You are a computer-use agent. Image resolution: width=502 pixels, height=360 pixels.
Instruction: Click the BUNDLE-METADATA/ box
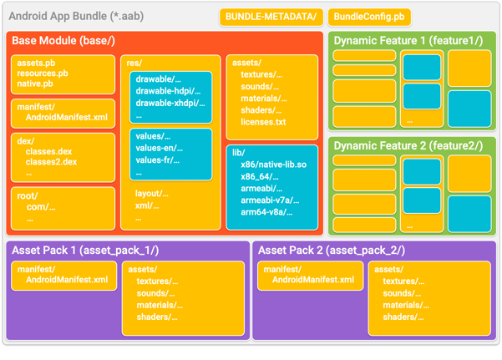pyautogui.click(x=271, y=17)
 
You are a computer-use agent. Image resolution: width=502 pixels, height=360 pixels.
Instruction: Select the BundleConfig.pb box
pyautogui.click(x=370, y=17)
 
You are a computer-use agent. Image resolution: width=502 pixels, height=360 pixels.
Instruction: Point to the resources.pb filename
pyautogui.click(x=43, y=73)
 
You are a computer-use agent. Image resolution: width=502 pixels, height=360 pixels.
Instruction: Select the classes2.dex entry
pyautogui.click(x=52, y=162)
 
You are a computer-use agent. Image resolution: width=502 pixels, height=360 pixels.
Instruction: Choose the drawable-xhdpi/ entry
pyautogui.click(x=170, y=103)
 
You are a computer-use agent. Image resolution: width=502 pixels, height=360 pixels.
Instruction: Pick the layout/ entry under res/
pyautogui.click(x=151, y=194)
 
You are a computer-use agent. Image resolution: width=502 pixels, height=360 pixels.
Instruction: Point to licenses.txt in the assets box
pyautogui.click(x=262, y=122)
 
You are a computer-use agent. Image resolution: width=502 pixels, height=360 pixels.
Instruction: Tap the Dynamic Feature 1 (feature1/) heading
pyautogui.click(x=408, y=41)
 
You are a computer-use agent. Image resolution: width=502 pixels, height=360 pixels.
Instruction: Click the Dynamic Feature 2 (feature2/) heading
pyautogui.click(x=408, y=145)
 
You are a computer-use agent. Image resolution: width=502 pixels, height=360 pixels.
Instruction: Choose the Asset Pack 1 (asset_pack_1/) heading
pyautogui.click(x=85, y=250)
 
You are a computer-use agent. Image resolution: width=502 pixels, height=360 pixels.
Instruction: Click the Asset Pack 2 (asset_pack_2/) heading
pyautogui.click(x=331, y=250)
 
